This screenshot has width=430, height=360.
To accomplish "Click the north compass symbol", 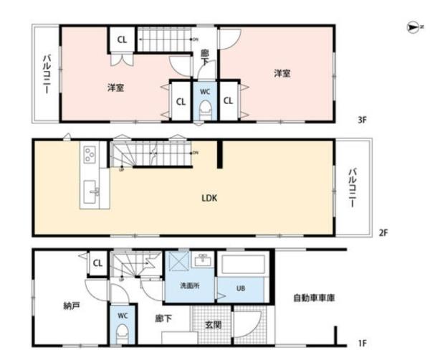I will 411,27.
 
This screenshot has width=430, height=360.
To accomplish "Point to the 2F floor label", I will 383,232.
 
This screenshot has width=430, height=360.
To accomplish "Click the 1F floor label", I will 363,344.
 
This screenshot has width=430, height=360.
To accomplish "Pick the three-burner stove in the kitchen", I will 90,154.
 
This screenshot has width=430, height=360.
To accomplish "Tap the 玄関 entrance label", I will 214,324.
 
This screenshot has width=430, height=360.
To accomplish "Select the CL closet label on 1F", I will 98,263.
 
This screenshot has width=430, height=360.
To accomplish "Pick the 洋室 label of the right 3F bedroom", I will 281,72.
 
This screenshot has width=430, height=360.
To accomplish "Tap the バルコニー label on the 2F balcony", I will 353,188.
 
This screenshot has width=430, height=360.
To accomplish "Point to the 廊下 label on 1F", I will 164,318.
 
